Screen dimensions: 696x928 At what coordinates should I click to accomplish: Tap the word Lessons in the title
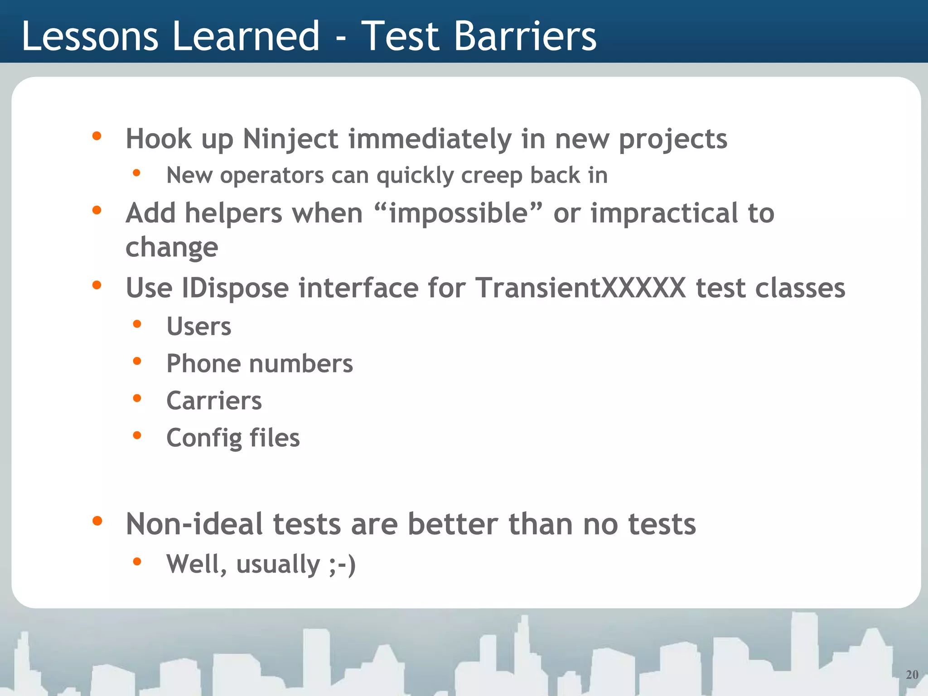90,36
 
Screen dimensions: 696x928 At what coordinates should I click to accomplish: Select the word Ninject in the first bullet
290,139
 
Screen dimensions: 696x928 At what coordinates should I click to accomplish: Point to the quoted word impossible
459,213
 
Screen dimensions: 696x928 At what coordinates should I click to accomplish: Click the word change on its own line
172,247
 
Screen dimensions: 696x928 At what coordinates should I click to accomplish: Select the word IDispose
235,288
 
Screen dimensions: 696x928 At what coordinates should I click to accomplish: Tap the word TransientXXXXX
580,288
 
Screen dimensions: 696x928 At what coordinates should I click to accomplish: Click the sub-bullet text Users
199,326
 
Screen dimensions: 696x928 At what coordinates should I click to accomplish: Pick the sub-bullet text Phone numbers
259,363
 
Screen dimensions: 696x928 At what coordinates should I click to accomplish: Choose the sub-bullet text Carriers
214,401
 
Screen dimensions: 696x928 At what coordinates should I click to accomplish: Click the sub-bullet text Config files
233,438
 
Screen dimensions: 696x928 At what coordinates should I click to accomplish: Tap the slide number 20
912,675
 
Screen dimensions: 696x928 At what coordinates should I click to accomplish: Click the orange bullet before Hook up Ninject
97,136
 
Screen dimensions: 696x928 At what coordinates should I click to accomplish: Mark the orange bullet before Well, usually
137,562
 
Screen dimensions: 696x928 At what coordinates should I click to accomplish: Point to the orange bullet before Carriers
137,398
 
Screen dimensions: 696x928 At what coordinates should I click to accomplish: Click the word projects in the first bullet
672,140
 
